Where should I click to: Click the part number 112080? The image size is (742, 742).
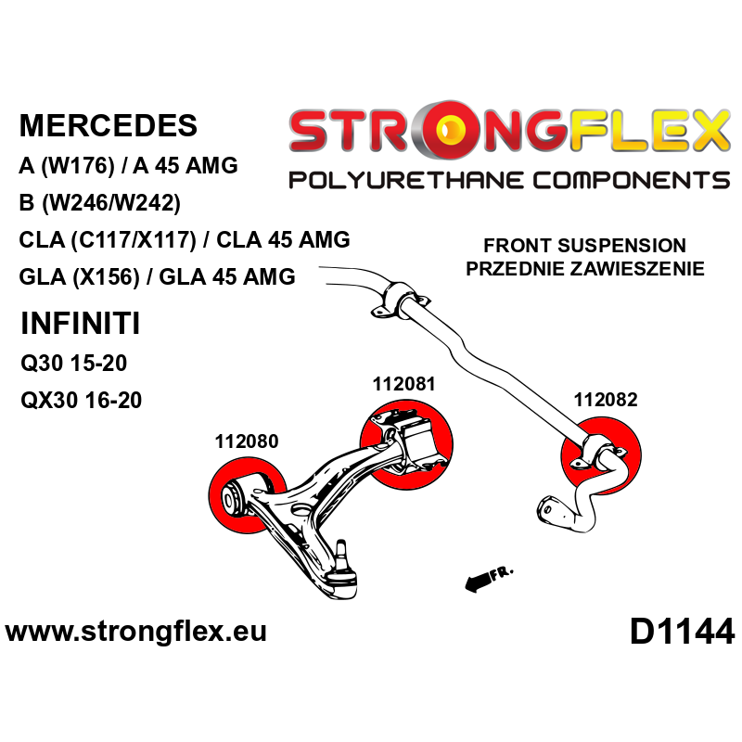(x=247, y=441)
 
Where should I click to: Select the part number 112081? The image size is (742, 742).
(x=403, y=383)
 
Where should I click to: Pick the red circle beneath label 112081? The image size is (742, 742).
(x=405, y=445)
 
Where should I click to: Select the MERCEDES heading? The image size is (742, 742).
(x=109, y=126)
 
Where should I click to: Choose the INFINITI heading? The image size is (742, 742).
(x=81, y=324)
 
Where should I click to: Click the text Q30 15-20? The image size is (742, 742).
(x=73, y=363)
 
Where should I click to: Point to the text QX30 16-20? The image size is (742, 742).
(x=82, y=401)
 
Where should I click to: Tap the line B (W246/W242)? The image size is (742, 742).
(x=99, y=203)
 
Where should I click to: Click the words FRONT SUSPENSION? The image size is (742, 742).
(x=584, y=247)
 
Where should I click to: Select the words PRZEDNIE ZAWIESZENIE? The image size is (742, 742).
(x=584, y=269)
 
